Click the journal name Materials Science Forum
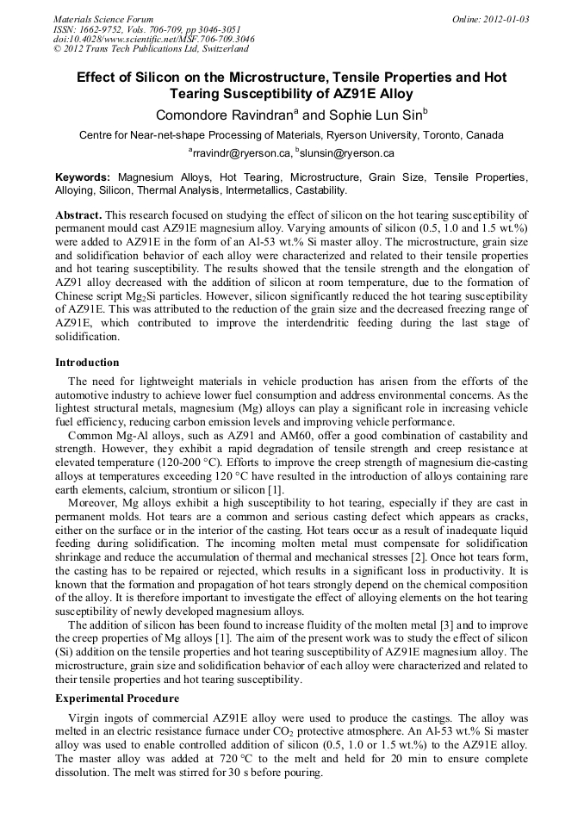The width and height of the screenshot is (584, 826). coord(103,18)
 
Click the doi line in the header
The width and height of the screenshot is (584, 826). coord(153,39)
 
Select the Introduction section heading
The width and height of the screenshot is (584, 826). coord(87,363)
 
